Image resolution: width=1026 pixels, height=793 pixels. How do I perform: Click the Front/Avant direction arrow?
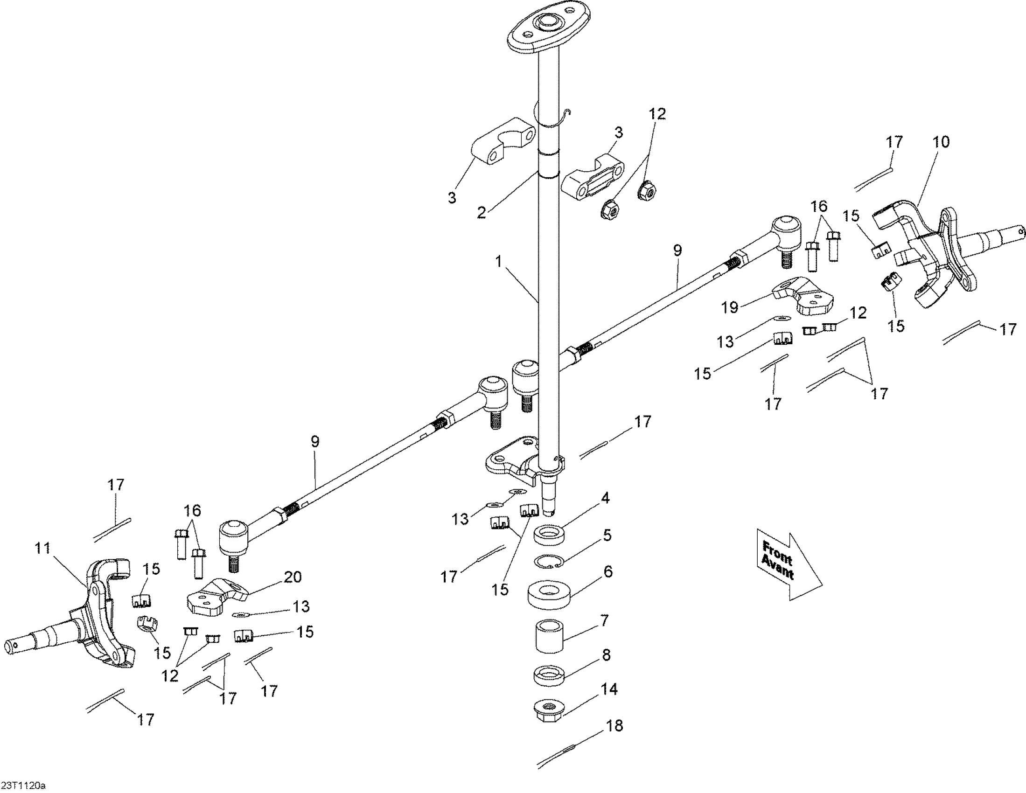(x=789, y=563)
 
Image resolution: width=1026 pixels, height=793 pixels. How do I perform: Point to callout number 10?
(x=941, y=142)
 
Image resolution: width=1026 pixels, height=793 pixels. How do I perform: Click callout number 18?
(x=614, y=726)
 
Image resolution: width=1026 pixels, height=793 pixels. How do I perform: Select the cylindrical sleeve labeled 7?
(x=549, y=637)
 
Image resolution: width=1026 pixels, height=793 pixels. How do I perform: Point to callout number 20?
(x=293, y=577)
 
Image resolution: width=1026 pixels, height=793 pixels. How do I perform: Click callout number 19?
(x=730, y=307)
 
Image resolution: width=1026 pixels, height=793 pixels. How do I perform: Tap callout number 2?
(x=481, y=212)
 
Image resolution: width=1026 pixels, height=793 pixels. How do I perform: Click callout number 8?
(x=606, y=655)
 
